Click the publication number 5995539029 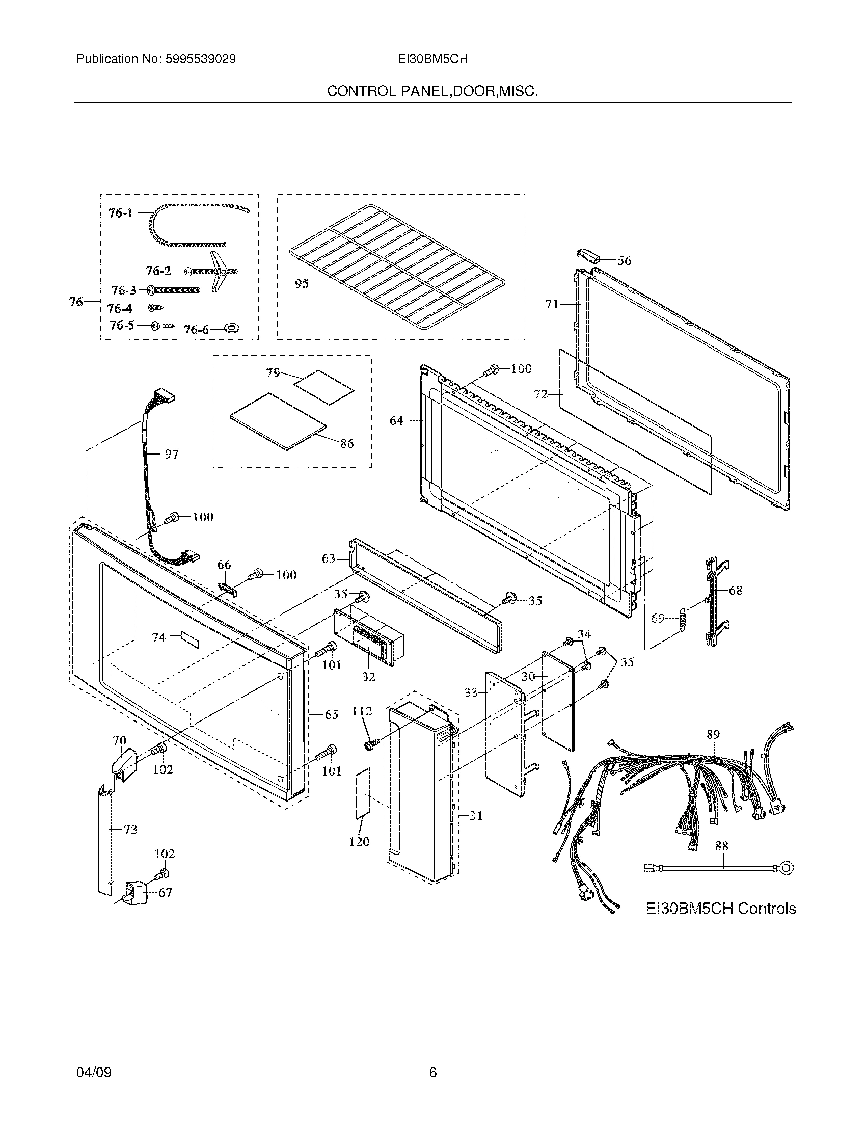coord(200,59)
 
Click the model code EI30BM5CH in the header coord(432,59)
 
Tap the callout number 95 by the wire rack coord(302,283)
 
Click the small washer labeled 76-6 coord(234,328)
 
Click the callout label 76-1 coord(121,212)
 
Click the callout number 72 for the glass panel coord(540,394)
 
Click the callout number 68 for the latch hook coord(735,590)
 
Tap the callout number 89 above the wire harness coord(713,734)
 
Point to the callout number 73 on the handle coord(130,830)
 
